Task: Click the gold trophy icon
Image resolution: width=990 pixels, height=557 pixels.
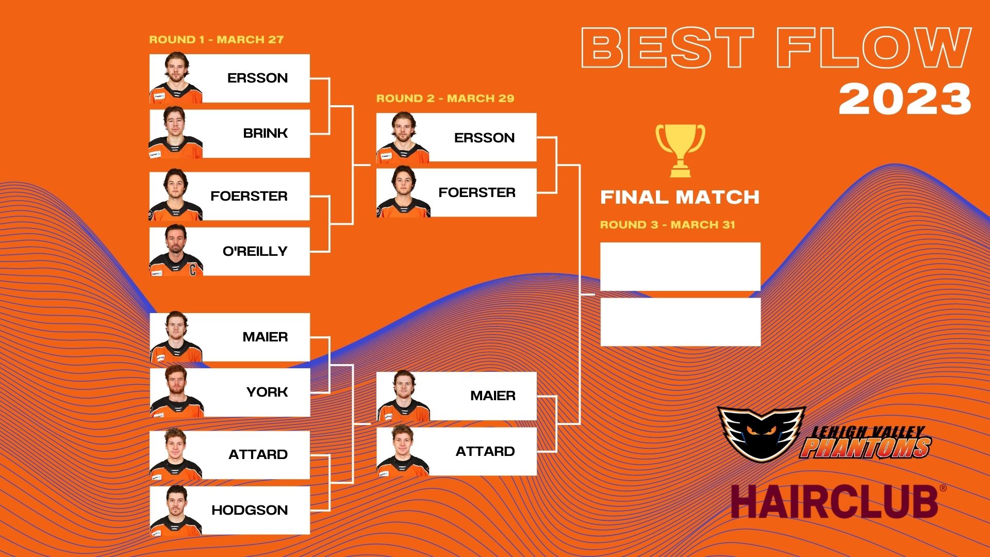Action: tap(680, 151)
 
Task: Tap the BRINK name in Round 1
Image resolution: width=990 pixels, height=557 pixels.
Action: tap(266, 133)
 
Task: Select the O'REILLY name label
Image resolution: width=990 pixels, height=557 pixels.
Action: tap(255, 251)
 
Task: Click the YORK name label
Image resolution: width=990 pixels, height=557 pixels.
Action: tap(267, 392)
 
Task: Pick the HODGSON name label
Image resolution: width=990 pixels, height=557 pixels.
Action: tap(250, 510)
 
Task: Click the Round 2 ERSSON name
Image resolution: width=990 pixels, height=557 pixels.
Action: tap(484, 138)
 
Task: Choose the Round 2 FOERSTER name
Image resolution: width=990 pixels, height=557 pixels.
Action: tap(477, 192)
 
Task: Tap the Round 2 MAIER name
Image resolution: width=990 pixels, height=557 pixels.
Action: tap(493, 396)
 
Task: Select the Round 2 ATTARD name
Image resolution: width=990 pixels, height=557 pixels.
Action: tap(485, 451)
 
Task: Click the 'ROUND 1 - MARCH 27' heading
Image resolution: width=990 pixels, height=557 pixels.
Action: tap(217, 40)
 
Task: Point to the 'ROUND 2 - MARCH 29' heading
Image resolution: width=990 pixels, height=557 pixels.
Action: tap(445, 99)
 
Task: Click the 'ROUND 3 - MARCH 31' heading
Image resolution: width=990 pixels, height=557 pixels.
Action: tap(668, 225)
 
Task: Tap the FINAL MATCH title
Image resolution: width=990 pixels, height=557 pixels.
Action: tap(680, 197)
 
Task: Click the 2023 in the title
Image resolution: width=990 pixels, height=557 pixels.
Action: tap(905, 99)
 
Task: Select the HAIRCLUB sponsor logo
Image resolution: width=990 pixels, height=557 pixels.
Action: tap(838, 501)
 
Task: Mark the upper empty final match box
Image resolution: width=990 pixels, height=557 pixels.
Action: tap(681, 267)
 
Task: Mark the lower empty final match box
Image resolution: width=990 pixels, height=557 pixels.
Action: tap(681, 322)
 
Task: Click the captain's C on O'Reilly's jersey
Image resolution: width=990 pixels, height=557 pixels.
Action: tap(193, 269)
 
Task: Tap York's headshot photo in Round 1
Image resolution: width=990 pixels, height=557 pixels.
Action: tap(176, 391)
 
